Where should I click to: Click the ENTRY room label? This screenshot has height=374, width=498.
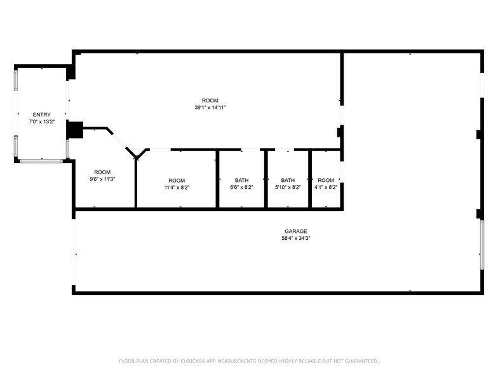(x=41, y=114)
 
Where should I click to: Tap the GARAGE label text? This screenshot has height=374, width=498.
(x=295, y=231)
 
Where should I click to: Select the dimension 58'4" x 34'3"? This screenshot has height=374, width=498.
(x=295, y=239)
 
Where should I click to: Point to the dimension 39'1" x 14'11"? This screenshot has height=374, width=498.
(x=210, y=107)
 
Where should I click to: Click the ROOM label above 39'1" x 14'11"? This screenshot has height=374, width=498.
(x=210, y=100)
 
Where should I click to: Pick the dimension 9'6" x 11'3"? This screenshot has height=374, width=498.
(x=102, y=179)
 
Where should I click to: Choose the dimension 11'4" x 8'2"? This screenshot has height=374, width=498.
(x=177, y=188)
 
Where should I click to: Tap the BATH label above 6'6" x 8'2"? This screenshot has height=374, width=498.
(x=241, y=180)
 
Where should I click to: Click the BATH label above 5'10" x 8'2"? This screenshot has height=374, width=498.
(x=288, y=180)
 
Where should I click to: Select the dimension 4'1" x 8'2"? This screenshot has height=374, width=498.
(x=326, y=188)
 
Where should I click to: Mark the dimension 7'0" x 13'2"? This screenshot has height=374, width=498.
(x=41, y=121)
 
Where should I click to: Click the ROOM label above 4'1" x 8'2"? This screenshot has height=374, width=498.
(x=326, y=180)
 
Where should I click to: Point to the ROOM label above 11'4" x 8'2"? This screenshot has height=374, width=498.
(x=177, y=180)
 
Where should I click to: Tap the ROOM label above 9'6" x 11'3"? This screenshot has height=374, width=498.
(x=102, y=172)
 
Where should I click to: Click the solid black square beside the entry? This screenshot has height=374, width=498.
(x=75, y=130)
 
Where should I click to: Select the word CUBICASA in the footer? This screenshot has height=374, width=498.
(x=196, y=361)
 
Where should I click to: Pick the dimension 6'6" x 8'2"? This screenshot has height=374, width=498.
(x=241, y=188)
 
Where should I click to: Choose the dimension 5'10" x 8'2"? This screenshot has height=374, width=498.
(x=288, y=188)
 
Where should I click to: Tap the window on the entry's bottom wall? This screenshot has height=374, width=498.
(x=42, y=161)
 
